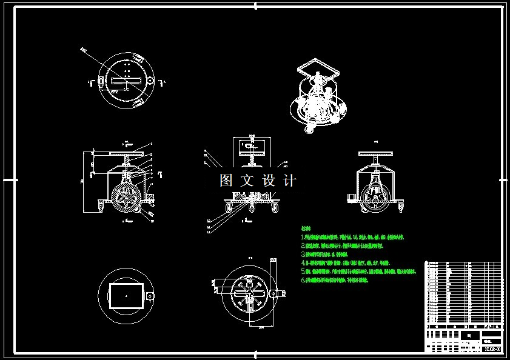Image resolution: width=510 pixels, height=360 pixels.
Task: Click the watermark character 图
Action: (x=226, y=181)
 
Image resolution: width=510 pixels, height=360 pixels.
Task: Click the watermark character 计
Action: (x=290, y=181)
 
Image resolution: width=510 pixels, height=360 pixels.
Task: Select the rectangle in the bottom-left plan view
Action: (x=124, y=295)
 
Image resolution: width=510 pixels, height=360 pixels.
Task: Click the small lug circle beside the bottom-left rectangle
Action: (x=149, y=296)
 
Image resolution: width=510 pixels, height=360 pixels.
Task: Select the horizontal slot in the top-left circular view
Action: (x=126, y=80)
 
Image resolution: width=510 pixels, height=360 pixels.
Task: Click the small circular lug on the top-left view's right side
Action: (x=149, y=81)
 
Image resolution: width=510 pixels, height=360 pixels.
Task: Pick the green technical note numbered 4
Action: (x=346, y=264)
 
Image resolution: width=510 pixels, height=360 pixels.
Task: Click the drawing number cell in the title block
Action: (x=491, y=348)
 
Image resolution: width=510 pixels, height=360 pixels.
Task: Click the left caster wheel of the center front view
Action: (x=229, y=208)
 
